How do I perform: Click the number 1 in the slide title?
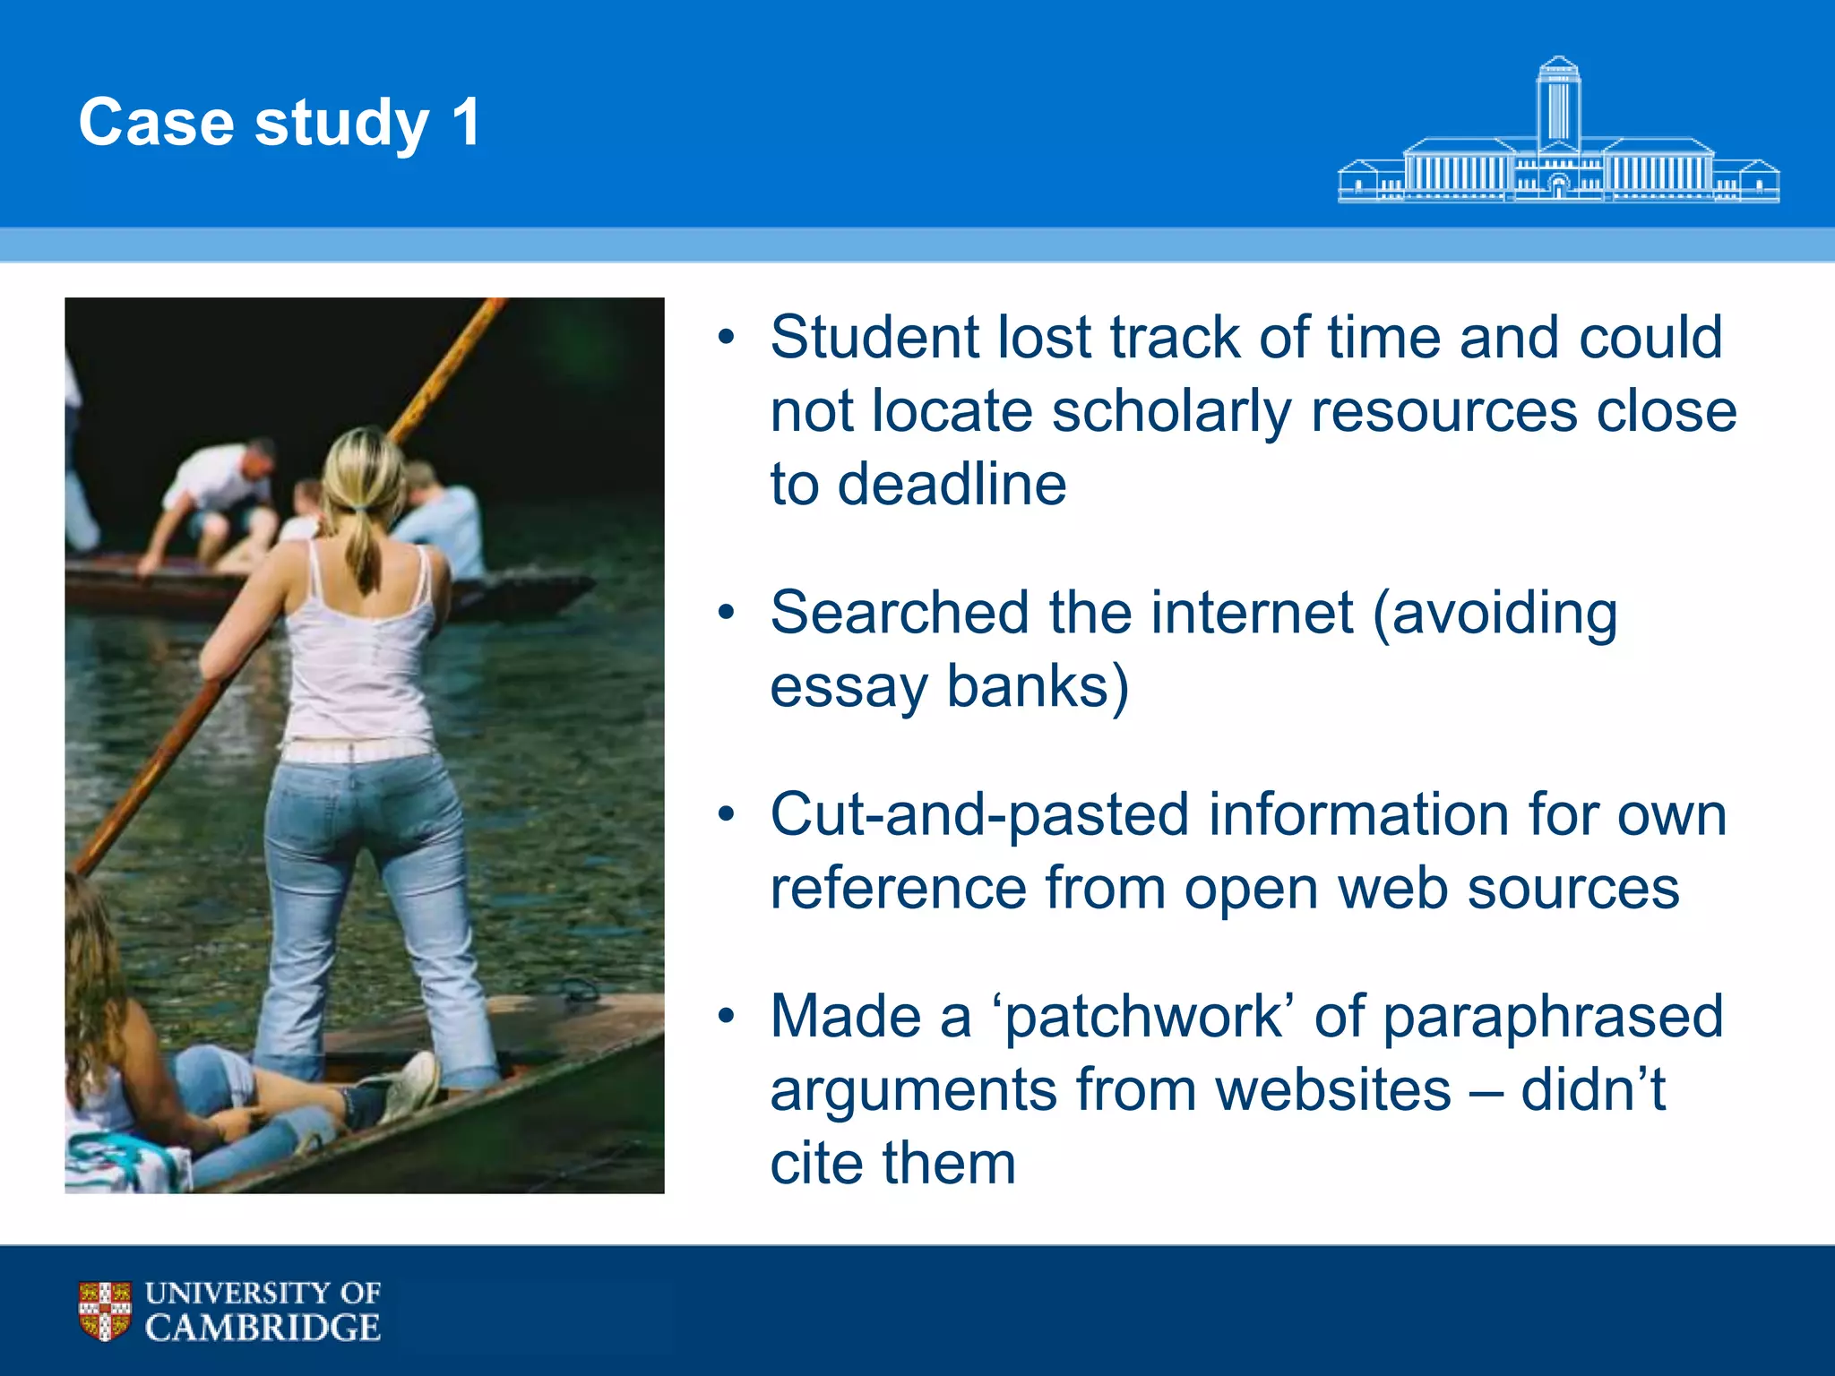pos(466,122)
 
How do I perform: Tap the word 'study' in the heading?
pos(341,124)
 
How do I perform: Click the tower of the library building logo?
pos(1558,103)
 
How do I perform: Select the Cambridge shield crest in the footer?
pos(105,1310)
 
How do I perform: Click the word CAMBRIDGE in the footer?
pos(263,1328)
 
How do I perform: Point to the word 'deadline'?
pos(952,485)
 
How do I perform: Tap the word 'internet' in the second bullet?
pos(1251,613)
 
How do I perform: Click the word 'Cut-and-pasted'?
pos(979,815)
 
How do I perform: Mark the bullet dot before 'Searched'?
pos(726,614)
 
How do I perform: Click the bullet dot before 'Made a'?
pos(726,1017)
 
